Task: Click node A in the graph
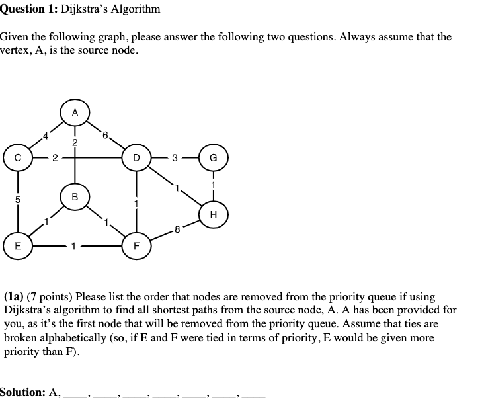(75, 112)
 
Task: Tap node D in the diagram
(136, 158)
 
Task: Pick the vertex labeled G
(213, 158)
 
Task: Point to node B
(75, 196)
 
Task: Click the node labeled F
(136, 245)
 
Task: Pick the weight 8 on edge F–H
(177, 230)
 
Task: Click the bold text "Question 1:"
(28, 9)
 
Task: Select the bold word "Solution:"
(22, 392)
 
